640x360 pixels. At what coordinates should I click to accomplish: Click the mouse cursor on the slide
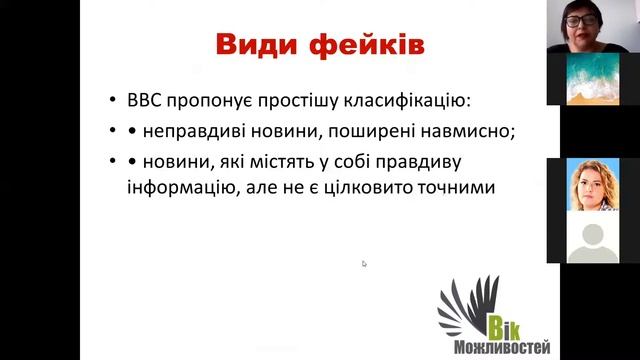[364, 264]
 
